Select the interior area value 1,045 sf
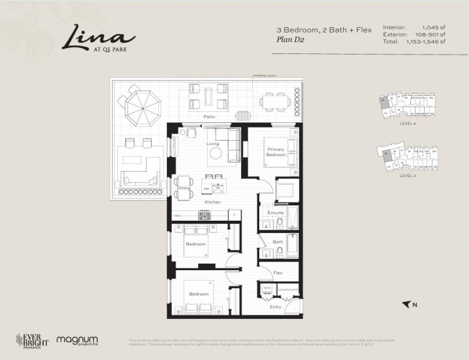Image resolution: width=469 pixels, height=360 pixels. point(431,27)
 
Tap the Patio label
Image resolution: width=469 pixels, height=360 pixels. point(208,117)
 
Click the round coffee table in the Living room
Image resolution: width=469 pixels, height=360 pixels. point(216,154)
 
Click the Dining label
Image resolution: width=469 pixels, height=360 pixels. point(184,188)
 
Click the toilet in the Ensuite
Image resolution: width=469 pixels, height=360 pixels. point(279,223)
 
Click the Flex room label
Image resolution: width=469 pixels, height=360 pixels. point(277,272)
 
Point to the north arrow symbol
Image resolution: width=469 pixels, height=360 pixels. point(408,304)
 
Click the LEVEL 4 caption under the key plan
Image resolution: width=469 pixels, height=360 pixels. point(407,124)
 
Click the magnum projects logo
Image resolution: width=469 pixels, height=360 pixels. point(77,340)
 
